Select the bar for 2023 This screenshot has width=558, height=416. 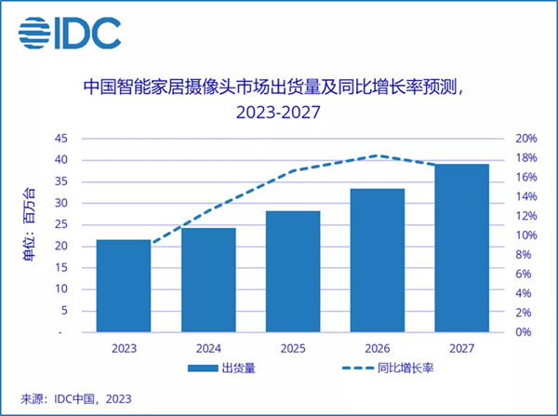coord(123,285)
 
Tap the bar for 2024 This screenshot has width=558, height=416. coord(207,279)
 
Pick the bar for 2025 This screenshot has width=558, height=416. coord(293,271)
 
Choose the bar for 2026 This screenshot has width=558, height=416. coord(378,260)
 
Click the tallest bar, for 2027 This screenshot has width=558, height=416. coord(462,248)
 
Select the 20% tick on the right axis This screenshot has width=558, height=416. coord(525,139)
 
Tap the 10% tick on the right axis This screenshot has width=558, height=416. coord(525,235)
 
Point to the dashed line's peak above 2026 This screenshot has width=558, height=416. coord(376,155)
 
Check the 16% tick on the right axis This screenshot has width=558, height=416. coord(525,178)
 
